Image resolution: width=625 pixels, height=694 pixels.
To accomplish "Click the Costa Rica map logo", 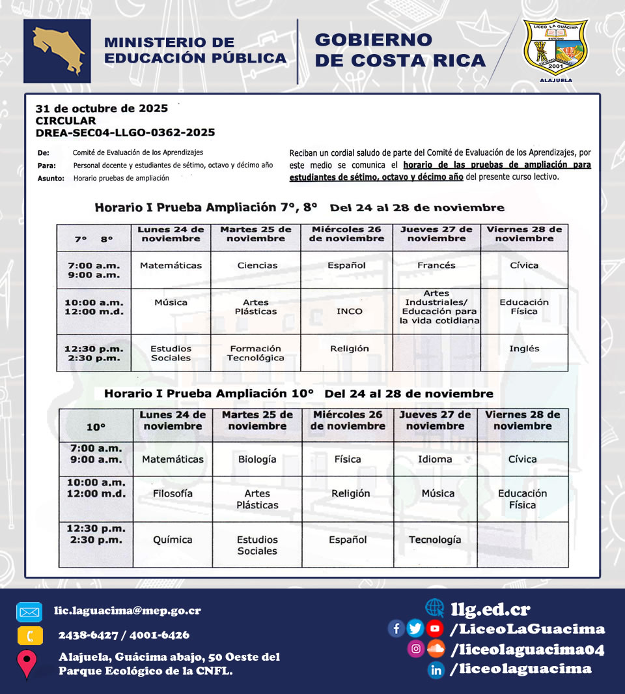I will [x=57, y=51].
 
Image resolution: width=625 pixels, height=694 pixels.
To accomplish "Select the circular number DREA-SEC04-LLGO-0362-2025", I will [x=125, y=133].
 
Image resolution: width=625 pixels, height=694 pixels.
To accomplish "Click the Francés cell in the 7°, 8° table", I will [x=436, y=265].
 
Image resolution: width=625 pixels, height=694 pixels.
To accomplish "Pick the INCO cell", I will [x=350, y=311].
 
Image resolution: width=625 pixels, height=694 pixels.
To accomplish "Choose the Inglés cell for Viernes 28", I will [x=524, y=349].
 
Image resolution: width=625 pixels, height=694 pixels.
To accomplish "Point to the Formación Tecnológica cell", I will [x=256, y=353].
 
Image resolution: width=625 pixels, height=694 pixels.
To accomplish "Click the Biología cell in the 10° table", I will [x=257, y=459].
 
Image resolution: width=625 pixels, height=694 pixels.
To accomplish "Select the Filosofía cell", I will [x=173, y=493].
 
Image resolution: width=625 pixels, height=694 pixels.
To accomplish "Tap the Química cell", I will [x=173, y=540].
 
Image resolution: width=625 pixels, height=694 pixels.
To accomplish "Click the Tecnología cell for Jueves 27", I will [x=435, y=540].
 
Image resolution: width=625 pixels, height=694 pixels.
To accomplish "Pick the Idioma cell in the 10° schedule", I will [x=435, y=459].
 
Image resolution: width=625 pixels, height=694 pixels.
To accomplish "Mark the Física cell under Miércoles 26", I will [x=348, y=459].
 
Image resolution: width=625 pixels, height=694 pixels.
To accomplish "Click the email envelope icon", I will [x=29, y=613].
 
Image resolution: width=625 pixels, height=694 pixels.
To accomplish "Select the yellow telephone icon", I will [x=29, y=635].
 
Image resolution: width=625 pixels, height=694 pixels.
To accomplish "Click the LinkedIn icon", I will [x=436, y=669].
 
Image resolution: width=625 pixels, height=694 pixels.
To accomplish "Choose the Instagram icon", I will [x=415, y=649].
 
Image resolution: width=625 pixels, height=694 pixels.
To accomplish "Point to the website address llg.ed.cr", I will [x=490, y=609].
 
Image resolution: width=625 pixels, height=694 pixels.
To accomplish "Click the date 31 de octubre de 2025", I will [x=102, y=108].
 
